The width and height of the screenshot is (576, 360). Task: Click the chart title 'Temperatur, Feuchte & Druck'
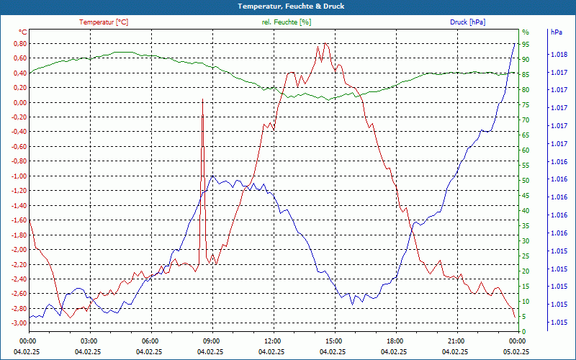[288, 6]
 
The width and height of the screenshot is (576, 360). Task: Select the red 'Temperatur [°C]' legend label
[104, 22]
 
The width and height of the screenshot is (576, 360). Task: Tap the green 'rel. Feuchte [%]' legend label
[287, 22]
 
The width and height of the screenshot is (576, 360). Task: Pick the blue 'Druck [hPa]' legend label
[467, 22]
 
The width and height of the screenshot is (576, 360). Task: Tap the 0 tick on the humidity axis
[524, 331]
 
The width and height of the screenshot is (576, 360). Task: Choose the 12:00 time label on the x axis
[273, 341]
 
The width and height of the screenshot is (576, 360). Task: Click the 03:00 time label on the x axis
[89, 341]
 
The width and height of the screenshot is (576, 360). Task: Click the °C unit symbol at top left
[22, 32]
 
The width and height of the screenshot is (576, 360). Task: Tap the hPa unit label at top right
[556, 32]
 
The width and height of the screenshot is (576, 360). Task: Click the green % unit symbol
[525, 32]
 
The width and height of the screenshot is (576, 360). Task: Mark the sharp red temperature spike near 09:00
[202, 101]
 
